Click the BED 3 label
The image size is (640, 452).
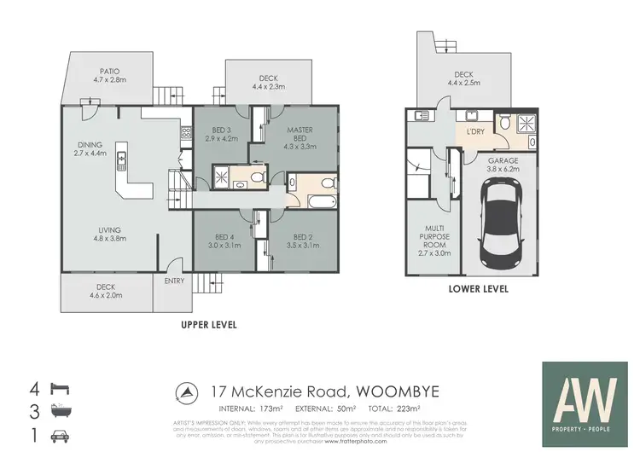[220, 133]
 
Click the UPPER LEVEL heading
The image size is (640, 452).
[207, 325]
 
